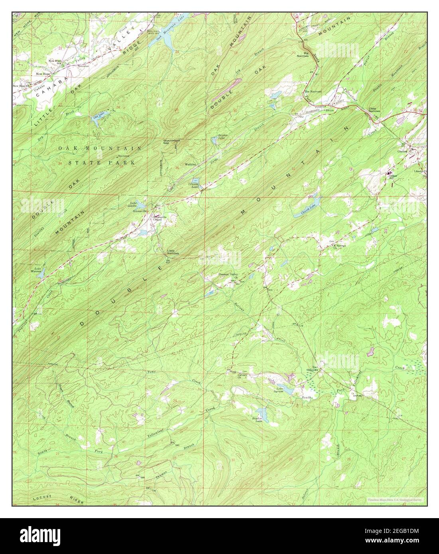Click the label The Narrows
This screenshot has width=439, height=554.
[313, 92]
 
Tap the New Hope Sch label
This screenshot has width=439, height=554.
[55, 62]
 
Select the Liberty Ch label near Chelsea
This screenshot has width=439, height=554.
[420, 172]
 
